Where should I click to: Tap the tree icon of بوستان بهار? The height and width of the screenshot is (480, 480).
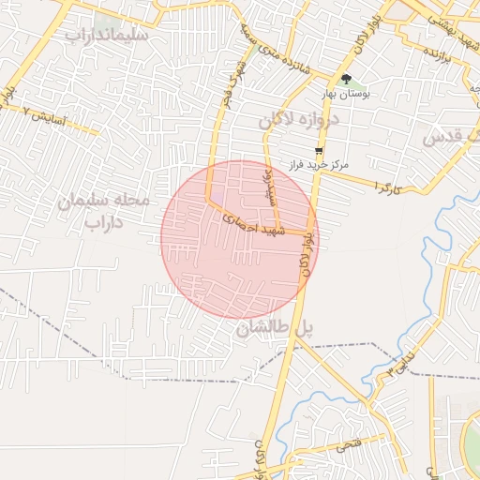(347, 80)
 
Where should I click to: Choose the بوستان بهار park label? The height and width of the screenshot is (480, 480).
(347, 95)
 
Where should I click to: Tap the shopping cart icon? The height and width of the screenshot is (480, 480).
(319, 150)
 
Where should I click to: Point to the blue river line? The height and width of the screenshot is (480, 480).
(430, 246)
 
